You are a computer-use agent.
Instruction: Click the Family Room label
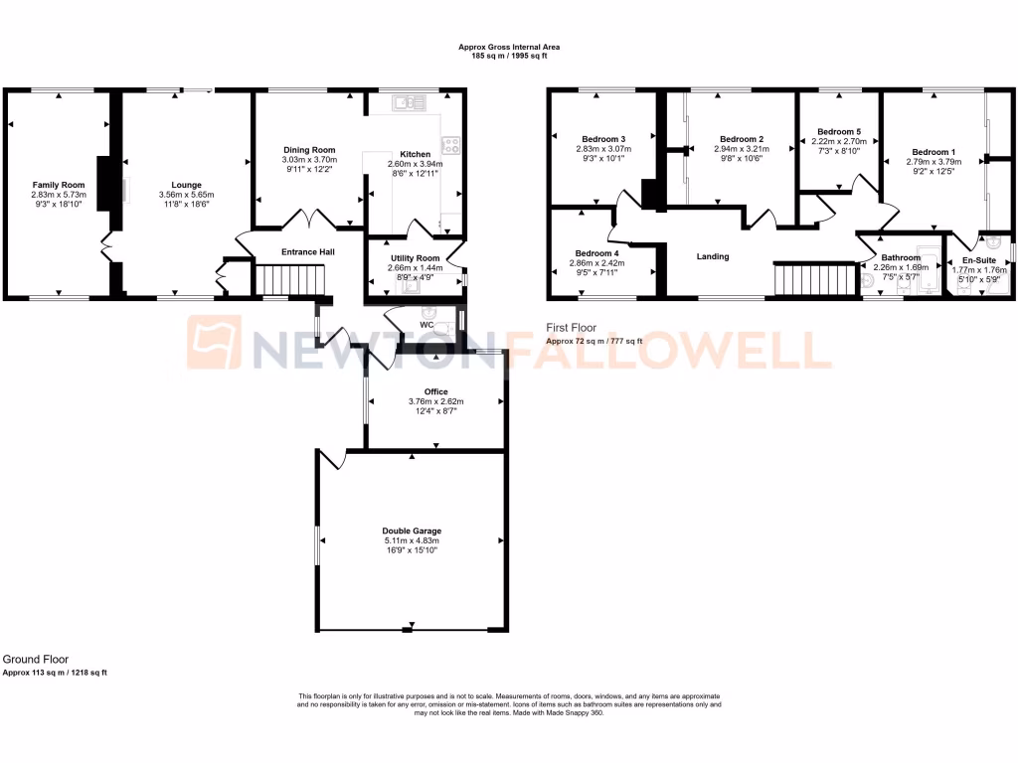pyautogui.click(x=59, y=185)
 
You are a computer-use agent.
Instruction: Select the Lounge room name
pyautogui.click(x=186, y=185)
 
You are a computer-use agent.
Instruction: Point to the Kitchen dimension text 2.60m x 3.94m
pyautogui.click(x=416, y=164)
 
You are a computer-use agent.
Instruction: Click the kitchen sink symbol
pyautogui.click(x=409, y=101)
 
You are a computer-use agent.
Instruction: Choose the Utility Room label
pyautogui.click(x=409, y=257)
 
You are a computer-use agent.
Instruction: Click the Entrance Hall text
pyautogui.click(x=307, y=252)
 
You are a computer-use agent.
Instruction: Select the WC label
pyautogui.click(x=426, y=325)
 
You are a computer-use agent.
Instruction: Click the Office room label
pyautogui.click(x=435, y=391)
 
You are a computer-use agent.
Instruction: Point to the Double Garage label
pyautogui.click(x=412, y=531)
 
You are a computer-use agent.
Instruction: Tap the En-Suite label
pyautogui.click(x=978, y=260)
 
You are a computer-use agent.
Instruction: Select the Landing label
pyautogui.click(x=713, y=256)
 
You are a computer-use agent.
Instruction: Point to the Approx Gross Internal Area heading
pyautogui.click(x=508, y=47)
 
